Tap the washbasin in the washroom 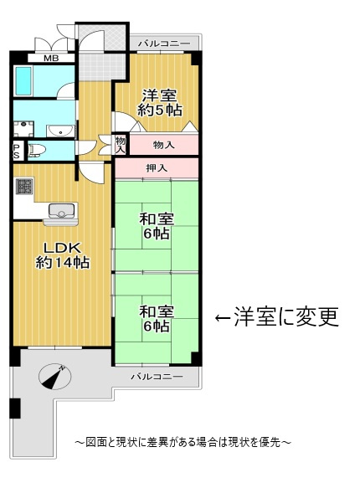[x=60, y=131]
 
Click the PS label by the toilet [x=16, y=151]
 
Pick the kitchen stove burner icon [x=23, y=188]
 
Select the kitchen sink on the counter [x=62, y=210]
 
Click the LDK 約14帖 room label [x=62, y=254]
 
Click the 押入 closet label [x=157, y=168]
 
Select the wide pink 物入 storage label [x=163, y=145]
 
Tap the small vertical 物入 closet [x=121, y=144]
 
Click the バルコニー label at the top [x=164, y=42]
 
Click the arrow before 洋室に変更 [x=224, y=318]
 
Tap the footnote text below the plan [x=182, y=441]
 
